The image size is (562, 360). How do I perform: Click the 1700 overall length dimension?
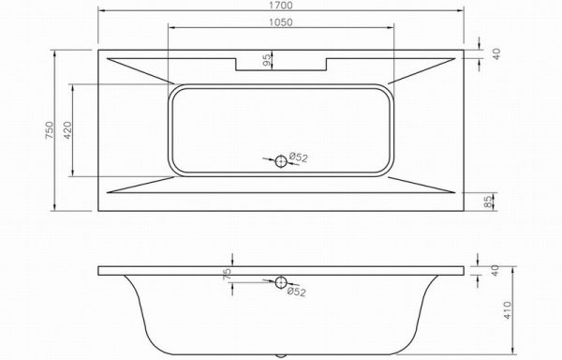[281, 6]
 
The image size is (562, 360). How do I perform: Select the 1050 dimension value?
[281, 22]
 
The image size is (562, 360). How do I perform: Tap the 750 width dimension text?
[49, 130]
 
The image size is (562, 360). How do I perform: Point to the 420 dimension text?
[67, 130]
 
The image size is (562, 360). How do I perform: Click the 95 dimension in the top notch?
[266, 60]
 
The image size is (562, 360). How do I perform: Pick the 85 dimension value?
[488, 202]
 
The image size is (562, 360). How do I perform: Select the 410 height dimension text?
[507, 310]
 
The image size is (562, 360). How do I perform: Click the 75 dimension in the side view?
[227, 275]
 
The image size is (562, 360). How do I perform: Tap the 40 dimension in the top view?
[496, 53]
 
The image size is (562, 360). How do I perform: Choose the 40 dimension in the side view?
[495, 270]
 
